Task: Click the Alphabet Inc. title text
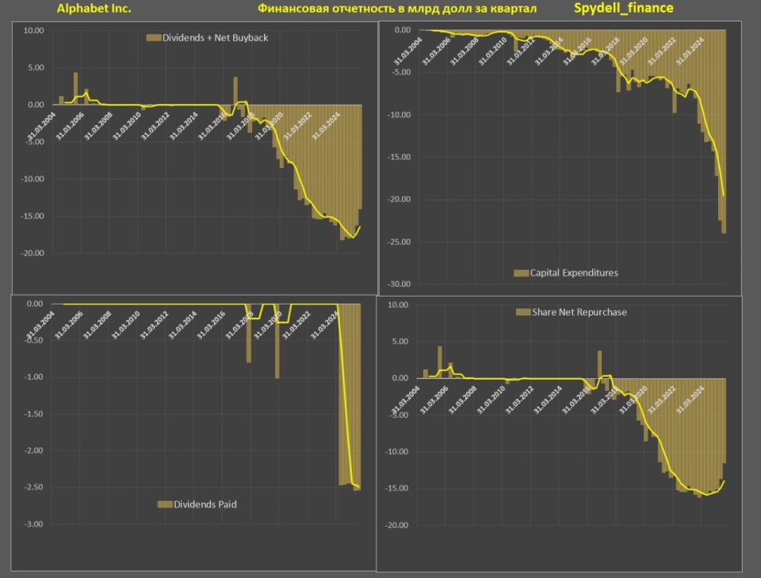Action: click(x=94, y=9)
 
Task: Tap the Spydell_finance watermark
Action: click(x=623, y=8)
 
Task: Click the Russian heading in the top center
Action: click(x=396, y=9)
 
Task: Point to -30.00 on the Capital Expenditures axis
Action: click(x=399, y=284)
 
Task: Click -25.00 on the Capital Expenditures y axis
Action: click(x=399, y=241)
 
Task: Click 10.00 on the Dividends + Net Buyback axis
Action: click(x=33, y=30)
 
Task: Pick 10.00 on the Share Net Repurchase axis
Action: click(x=397, y=304)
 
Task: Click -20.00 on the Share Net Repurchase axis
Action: click(x=396, y=525)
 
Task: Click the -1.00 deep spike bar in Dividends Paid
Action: click(x=277, y=341)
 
